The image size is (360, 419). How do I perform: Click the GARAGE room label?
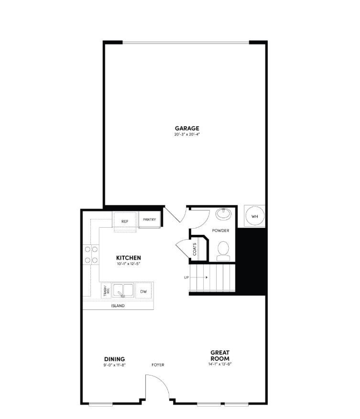(x=186, y=128)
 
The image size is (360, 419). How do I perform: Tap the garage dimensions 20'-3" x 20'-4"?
(x=186, y=134)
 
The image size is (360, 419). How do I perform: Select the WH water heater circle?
(x=254, y=217)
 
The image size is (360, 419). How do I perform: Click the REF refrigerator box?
(x=125, y=221)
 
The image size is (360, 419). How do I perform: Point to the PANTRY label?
(x=150, y=220)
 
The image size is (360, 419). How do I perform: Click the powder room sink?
(x=223, y=213)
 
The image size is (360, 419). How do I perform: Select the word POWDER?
(x=221, y=231)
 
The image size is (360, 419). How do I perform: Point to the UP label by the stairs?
(x=186, y=277)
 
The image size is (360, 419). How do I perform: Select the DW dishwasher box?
(x=143, y=291)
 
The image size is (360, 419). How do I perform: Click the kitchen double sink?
(x=123, y=290)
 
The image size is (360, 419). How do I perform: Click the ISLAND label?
(x=118, y=306)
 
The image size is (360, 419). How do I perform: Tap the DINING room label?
(x=114, y=359)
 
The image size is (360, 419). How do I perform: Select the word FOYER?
(x=158, y=365)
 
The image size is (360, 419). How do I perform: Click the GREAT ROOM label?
(x=220, y=355)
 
